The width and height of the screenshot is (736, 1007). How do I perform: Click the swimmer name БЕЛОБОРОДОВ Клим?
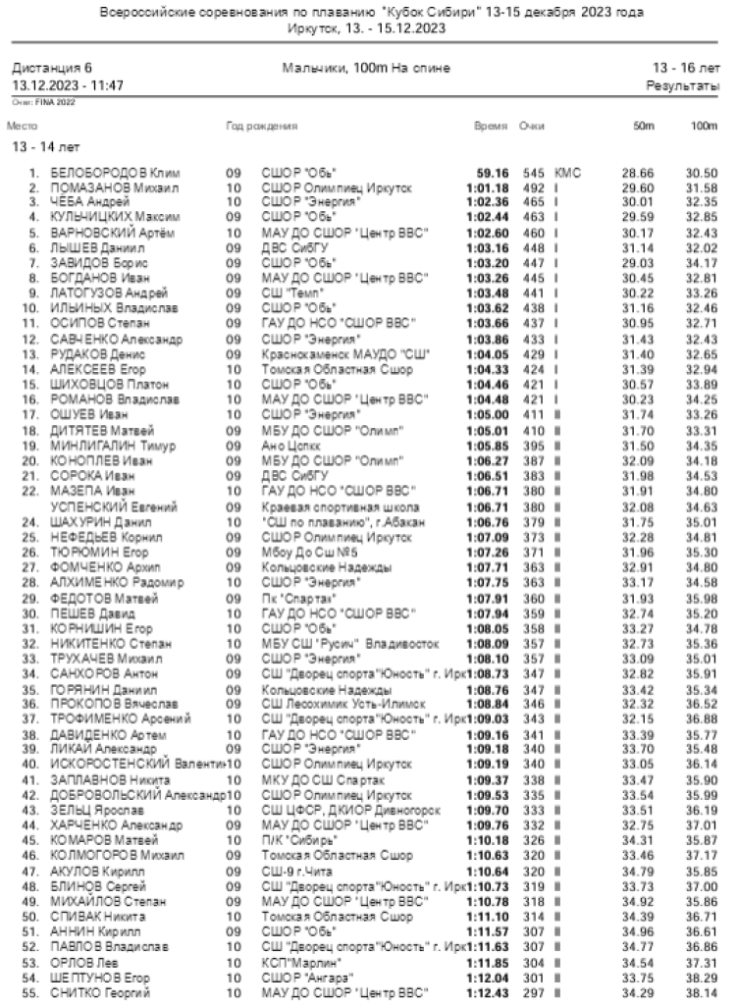tap(102, 173)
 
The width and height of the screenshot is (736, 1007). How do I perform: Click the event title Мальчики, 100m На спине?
tap(366, 69)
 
